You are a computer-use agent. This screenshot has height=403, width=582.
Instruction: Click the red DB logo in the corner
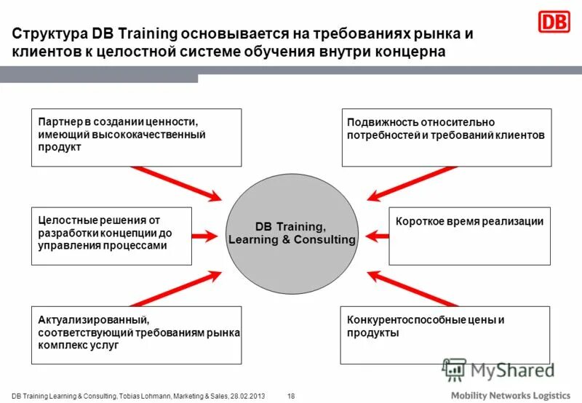click(x=554, y=22)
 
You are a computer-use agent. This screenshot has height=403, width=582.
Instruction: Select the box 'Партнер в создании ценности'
click(x=136, y=137)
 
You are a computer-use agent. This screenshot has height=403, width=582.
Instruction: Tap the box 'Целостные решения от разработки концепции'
click(x=112, y=236)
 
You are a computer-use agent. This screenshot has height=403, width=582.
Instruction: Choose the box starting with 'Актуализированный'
click(x=136, y=335)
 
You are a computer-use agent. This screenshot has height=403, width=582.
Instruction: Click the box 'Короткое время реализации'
click(x=469, y=236)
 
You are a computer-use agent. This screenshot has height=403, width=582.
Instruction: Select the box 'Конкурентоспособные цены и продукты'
click(x=445, y=335)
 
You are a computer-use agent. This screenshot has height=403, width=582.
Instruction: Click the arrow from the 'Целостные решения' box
click(x=206, y=236)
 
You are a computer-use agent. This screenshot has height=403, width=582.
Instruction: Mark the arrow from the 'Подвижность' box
click(x=411, y=182)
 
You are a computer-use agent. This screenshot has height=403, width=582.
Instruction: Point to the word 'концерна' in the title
click(x=414, y=52)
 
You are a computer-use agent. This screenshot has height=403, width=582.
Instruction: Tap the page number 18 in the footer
click(x=291, y=395)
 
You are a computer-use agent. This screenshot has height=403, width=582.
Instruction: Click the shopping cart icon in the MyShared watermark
click(x=453, y=370)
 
